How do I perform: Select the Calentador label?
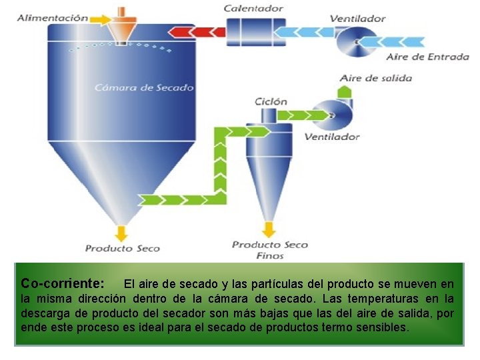253,9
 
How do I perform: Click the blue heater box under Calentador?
252,31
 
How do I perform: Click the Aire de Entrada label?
427,57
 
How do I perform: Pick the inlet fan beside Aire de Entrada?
356,42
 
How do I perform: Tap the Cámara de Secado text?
144,87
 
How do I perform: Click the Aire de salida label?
376,78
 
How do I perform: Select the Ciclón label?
271,102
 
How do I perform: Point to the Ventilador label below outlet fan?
331,137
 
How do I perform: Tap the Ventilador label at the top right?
357,19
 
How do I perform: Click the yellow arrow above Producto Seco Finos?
269,229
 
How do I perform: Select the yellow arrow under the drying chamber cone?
121,232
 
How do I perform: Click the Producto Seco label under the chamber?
123,249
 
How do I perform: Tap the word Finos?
269,255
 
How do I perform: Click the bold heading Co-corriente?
62,283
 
